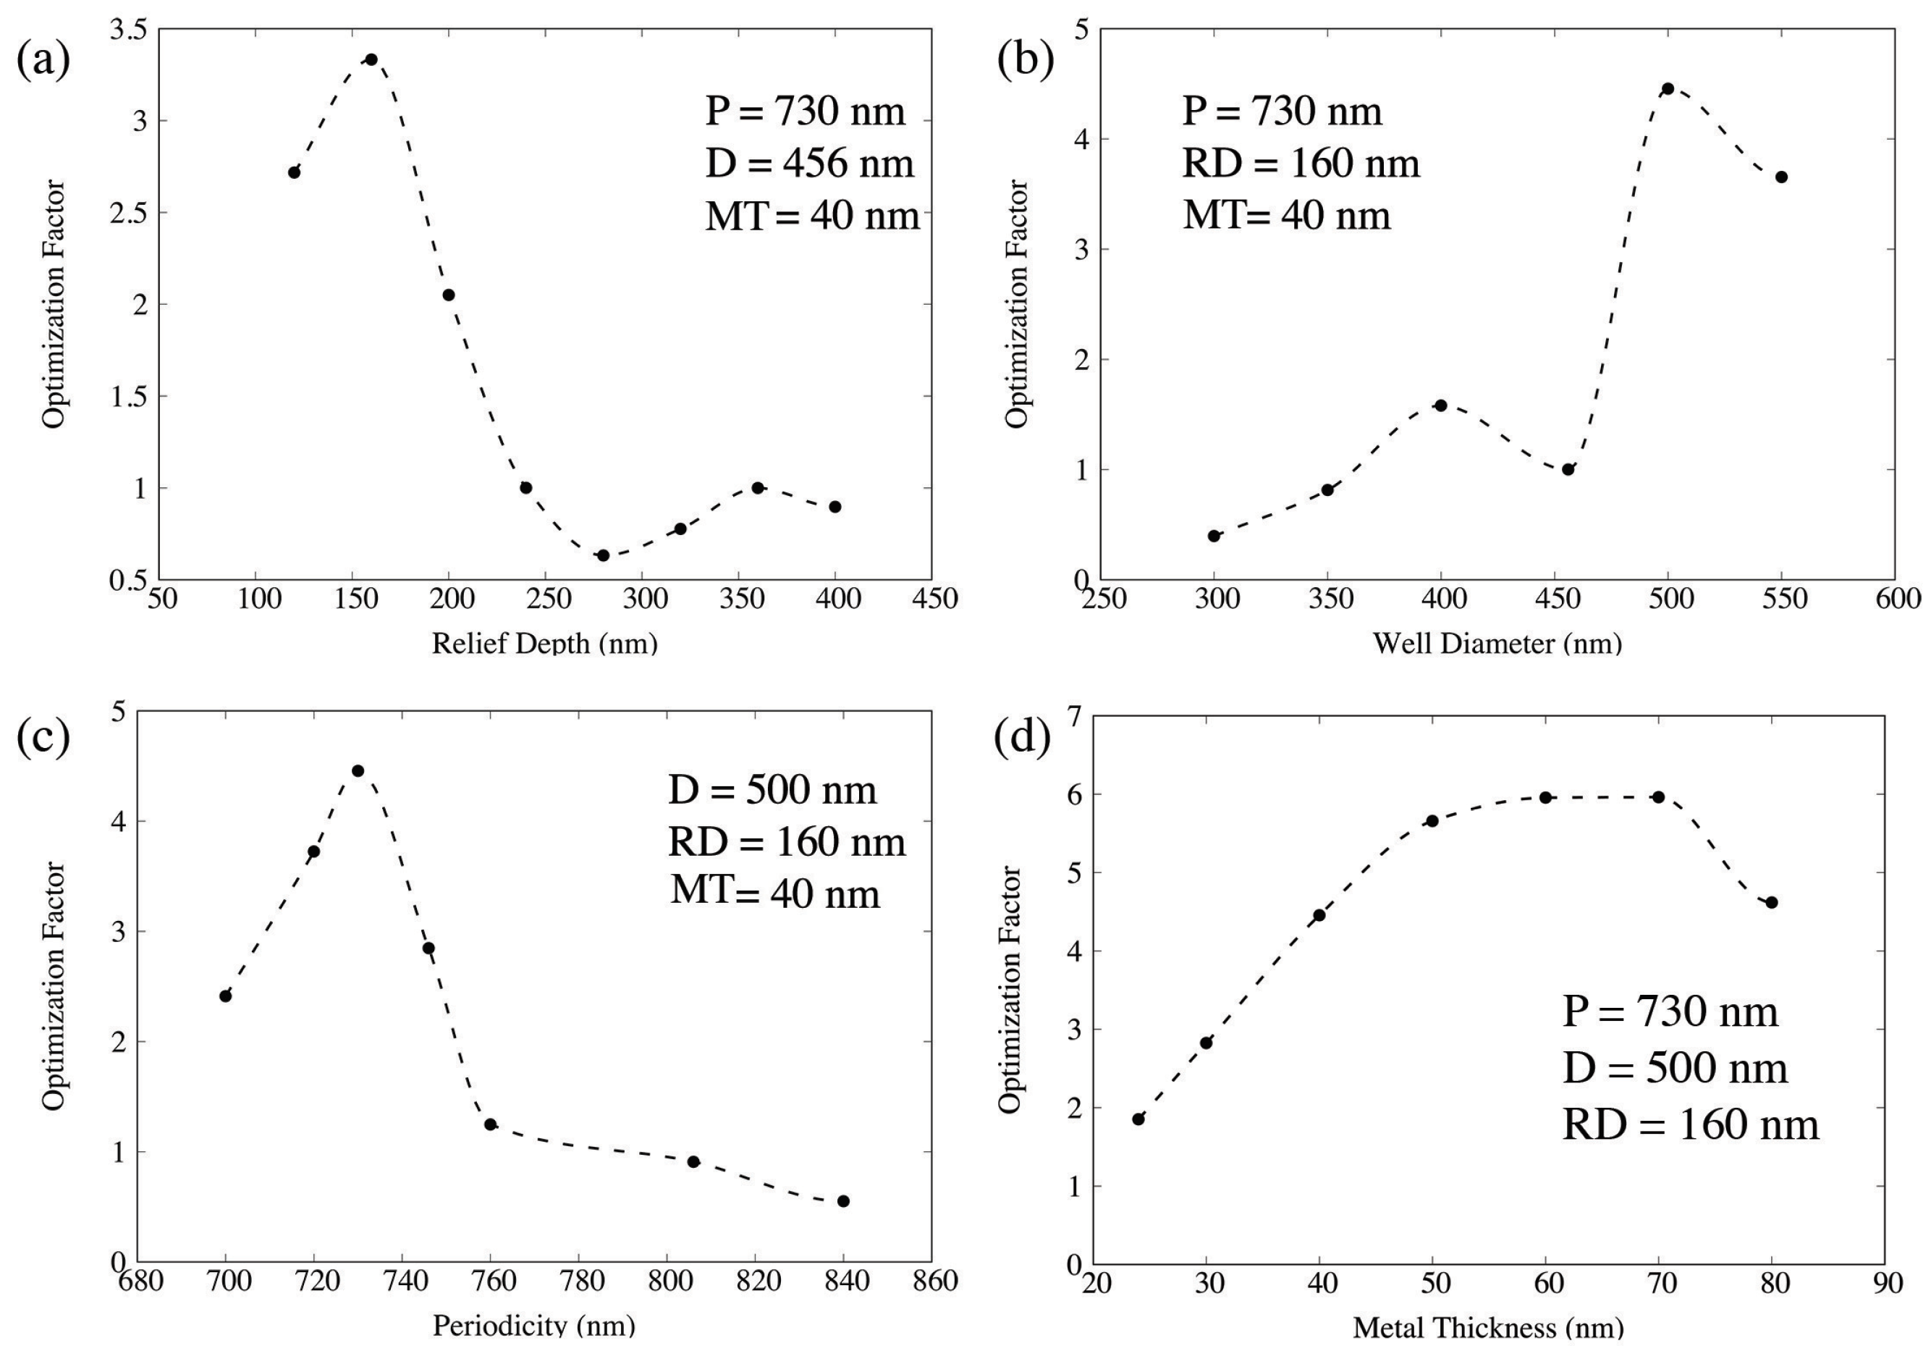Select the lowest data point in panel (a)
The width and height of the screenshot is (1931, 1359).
[x=603, y=555]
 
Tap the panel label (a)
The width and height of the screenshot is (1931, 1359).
[x=43, y=61]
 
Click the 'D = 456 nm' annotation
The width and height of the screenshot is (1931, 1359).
[x=809, y=163]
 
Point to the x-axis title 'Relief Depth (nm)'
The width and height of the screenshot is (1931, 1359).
[x=544, y=644]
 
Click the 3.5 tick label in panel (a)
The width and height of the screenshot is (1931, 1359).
[x=129, y=30]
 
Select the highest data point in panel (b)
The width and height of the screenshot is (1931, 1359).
[x=1668, y=88]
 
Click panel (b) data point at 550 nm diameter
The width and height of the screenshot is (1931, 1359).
[x=1781, y=177]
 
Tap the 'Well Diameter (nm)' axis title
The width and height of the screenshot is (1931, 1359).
[x=1497, y=644]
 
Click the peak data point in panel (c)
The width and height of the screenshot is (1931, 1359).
[x=358, y=770]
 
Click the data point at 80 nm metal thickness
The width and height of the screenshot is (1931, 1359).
[x=1772, y=902]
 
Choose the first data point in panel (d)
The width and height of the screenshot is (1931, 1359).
[x=1138, y=1119]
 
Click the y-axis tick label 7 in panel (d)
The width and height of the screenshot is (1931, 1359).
[x=1074, y=716]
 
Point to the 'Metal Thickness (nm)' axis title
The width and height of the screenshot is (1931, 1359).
[x=1489, y=1328]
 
